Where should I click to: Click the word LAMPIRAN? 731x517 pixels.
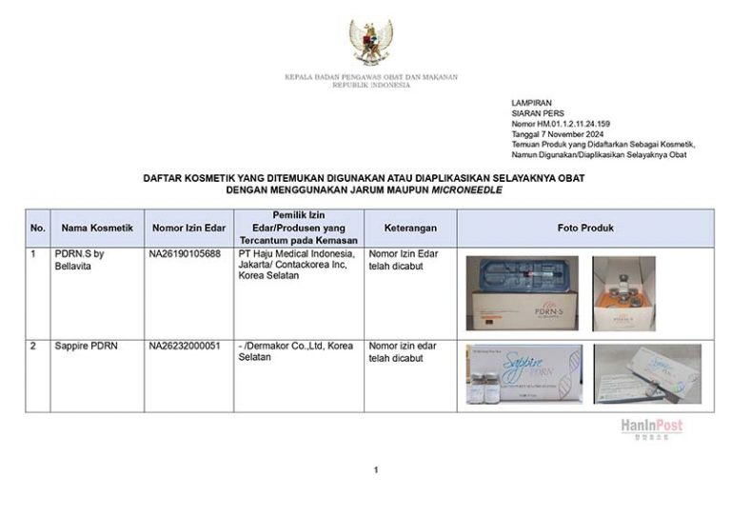point(531,103)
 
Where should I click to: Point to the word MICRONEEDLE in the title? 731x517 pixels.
point(467,190)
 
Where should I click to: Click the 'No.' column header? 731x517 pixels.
point(38,229)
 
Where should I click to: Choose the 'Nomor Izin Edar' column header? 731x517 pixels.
point(188,229)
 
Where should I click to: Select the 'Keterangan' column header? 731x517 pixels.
point(410,229)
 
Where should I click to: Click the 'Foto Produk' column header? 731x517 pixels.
point(585,229)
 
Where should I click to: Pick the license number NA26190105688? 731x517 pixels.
point(185,254)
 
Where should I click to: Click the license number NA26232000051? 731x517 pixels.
point(185,346)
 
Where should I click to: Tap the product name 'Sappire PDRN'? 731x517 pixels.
point(87,346)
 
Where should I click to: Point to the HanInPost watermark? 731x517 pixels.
point(652,428)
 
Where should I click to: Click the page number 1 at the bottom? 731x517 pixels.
point(376,469)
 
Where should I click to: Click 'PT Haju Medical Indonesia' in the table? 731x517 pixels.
point(296,254)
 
